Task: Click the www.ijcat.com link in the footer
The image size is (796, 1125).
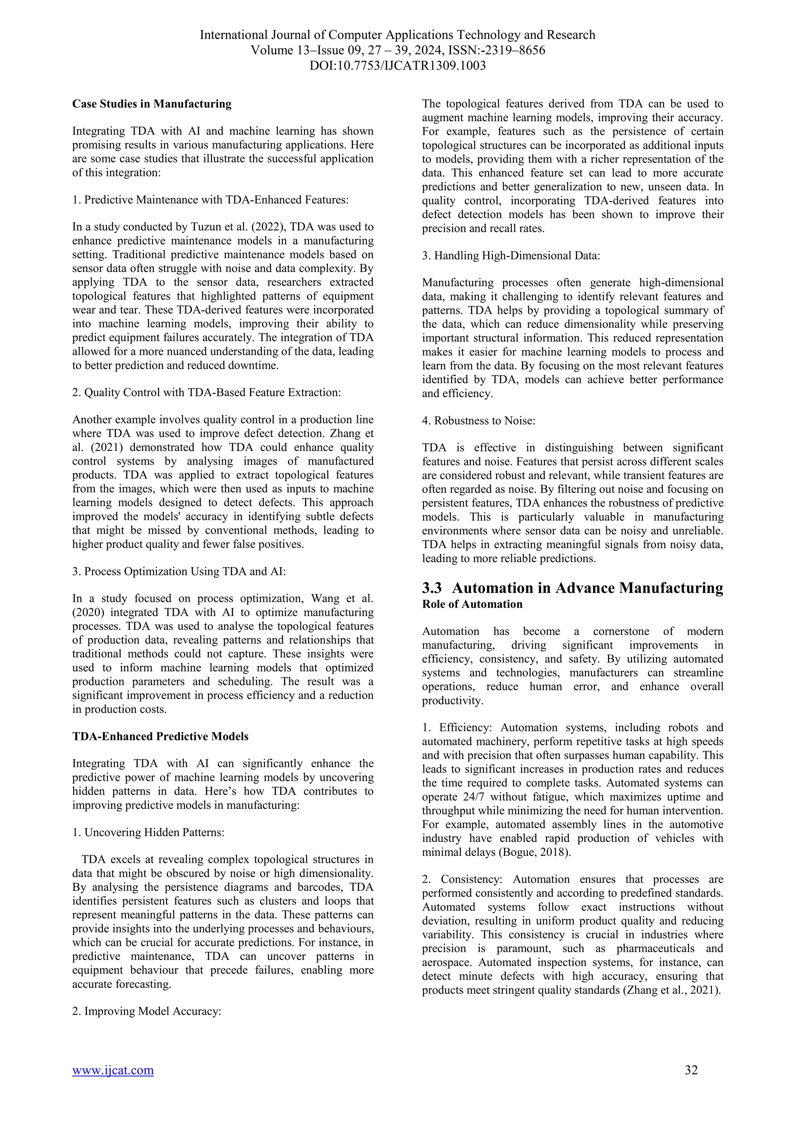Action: pyautogui.click(x=113, y=1084)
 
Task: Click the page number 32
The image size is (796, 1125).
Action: pyautogui.click(x=691, y=1083)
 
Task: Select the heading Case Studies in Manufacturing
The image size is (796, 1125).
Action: pyautogui.click(x=152, y=104)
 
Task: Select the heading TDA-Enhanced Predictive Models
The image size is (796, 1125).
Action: pyautogui.click(x=160, y=737)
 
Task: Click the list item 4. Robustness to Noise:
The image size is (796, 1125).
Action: pyautogui.click(x=478, y=420)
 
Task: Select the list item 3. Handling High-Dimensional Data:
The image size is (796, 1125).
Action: pyautogui.click(x=511, y=255)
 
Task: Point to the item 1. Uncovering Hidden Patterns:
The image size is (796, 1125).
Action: pyautogui.click(x=148, y=832)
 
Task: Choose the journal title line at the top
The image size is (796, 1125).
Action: pyautogui.click(x=398, y=35)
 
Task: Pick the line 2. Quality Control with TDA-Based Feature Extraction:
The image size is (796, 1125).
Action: pyautogui.click(x=206, y=392)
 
